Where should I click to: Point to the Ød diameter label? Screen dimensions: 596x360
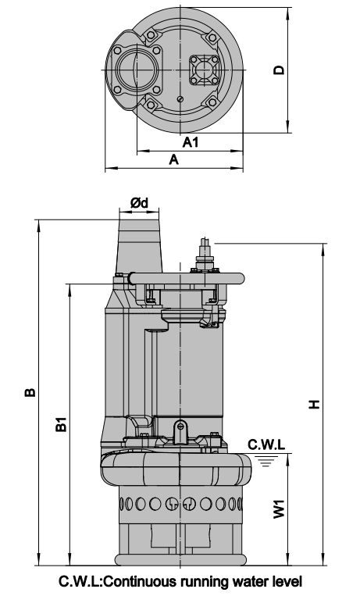click(140, 202)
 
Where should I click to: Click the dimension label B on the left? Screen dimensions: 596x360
click(29, 391)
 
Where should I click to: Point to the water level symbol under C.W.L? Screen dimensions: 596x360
click(267, 460)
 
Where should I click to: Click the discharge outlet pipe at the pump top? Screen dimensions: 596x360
click(141, 242)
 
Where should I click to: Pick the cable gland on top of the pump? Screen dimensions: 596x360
click(206, 255)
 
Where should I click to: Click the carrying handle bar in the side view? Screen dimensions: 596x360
click(187, 276)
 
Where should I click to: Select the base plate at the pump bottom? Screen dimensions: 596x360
click(180, 559)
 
